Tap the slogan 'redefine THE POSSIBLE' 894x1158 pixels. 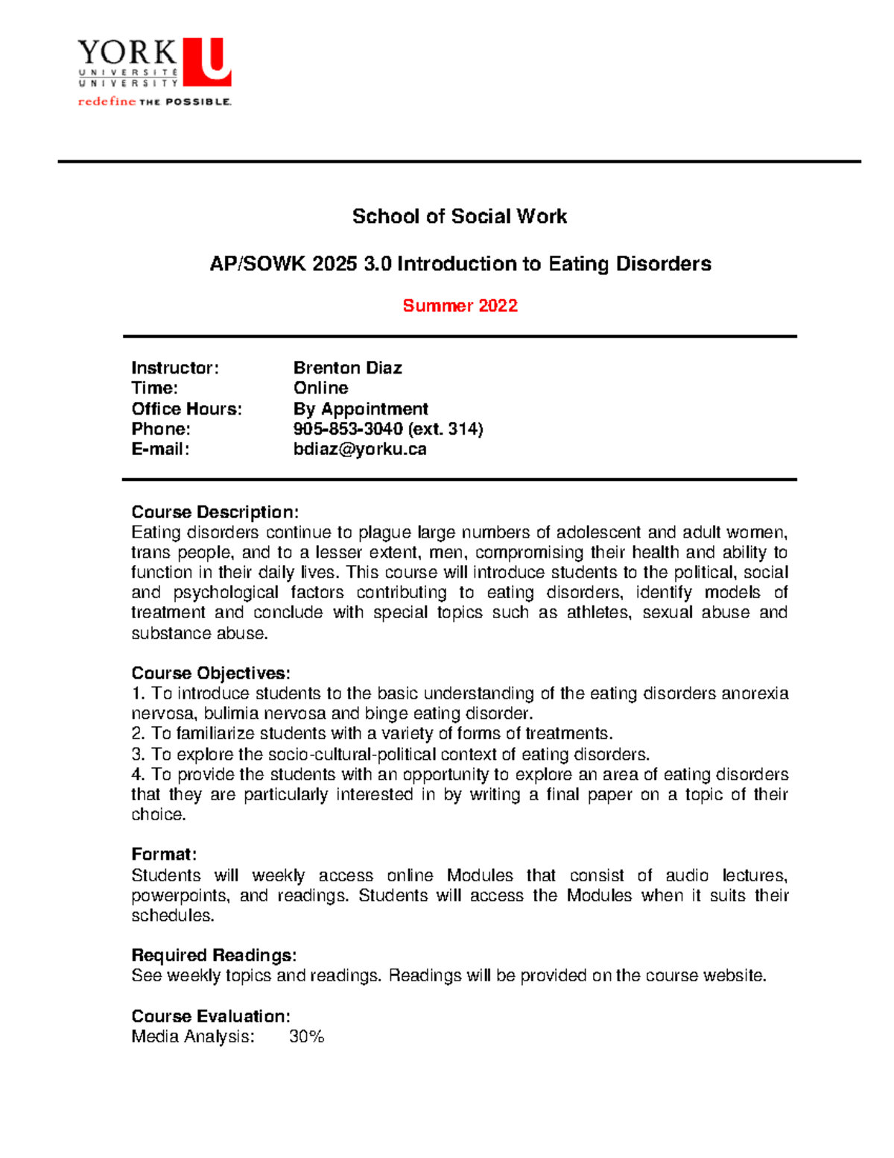click(x=154, y=101)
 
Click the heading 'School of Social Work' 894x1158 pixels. click(x=459, y=216)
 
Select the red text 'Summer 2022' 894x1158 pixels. click(x=460, y=306)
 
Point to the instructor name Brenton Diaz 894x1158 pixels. click(x=347, y=368)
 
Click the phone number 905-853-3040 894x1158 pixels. click(x=348, y=429)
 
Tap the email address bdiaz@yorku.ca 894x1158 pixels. click(x=359, y=449)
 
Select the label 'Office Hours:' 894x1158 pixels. click(x=186, y=409)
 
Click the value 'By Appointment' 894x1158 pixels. click(x=361, y=409)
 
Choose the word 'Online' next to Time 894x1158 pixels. click(x=320, y=388)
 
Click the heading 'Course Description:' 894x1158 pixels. click(x=215, y=512)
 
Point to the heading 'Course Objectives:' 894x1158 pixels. click(x=211, y=673)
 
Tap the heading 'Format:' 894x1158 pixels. click(x=164, y=855)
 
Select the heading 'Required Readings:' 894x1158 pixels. click(x=214, y=955)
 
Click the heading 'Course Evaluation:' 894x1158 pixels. click(x=211, y=1016)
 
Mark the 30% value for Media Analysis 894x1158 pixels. click(x=306, y=1036)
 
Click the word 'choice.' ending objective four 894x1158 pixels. click(x=159, y=814)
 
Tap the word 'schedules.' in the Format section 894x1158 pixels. click(x=173, y=916)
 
